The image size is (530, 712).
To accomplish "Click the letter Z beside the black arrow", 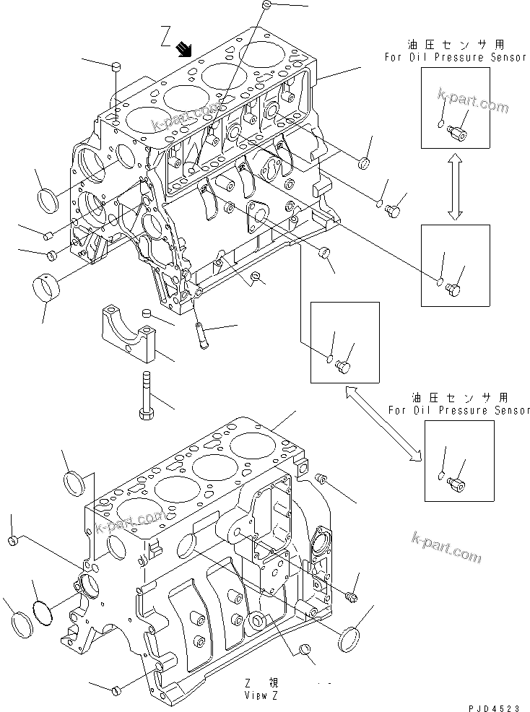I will (x=165, y=35).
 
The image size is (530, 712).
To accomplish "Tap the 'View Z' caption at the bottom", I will (x=261, y=696).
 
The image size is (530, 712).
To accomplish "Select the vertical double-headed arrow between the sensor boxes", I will (x=454, y=188).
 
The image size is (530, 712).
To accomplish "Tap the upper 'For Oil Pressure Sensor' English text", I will (x=456, y=57).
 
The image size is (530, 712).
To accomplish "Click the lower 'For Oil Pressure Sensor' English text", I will (x=459, y=410).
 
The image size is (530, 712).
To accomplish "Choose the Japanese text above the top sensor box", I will (x=456, y=45).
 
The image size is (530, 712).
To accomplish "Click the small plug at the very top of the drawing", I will (x=266, y=5).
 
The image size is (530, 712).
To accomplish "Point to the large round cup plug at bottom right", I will (x=352, y=639).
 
